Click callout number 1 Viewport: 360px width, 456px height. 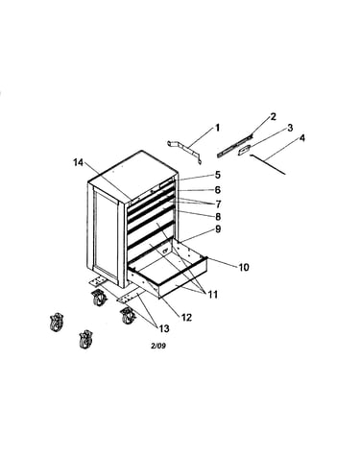218,128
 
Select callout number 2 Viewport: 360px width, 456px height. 273,117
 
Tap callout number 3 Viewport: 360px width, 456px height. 290,128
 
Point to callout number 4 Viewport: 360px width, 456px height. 302,138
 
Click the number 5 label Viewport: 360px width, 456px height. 218,175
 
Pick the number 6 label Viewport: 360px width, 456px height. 218,190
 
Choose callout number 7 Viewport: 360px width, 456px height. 218,204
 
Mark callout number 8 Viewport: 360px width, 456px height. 218,217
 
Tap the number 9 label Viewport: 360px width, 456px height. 218,229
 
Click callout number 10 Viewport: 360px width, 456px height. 244,267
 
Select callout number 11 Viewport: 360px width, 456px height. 212,295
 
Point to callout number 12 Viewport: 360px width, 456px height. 186,317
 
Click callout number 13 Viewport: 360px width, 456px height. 164,328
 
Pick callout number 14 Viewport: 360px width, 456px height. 78,162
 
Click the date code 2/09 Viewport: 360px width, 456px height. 158,346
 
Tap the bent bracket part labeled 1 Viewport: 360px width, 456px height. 185,149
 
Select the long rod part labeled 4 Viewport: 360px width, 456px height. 268,164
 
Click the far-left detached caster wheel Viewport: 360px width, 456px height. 57,323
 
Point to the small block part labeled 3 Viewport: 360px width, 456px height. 244,150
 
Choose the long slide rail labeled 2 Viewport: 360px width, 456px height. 234,146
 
